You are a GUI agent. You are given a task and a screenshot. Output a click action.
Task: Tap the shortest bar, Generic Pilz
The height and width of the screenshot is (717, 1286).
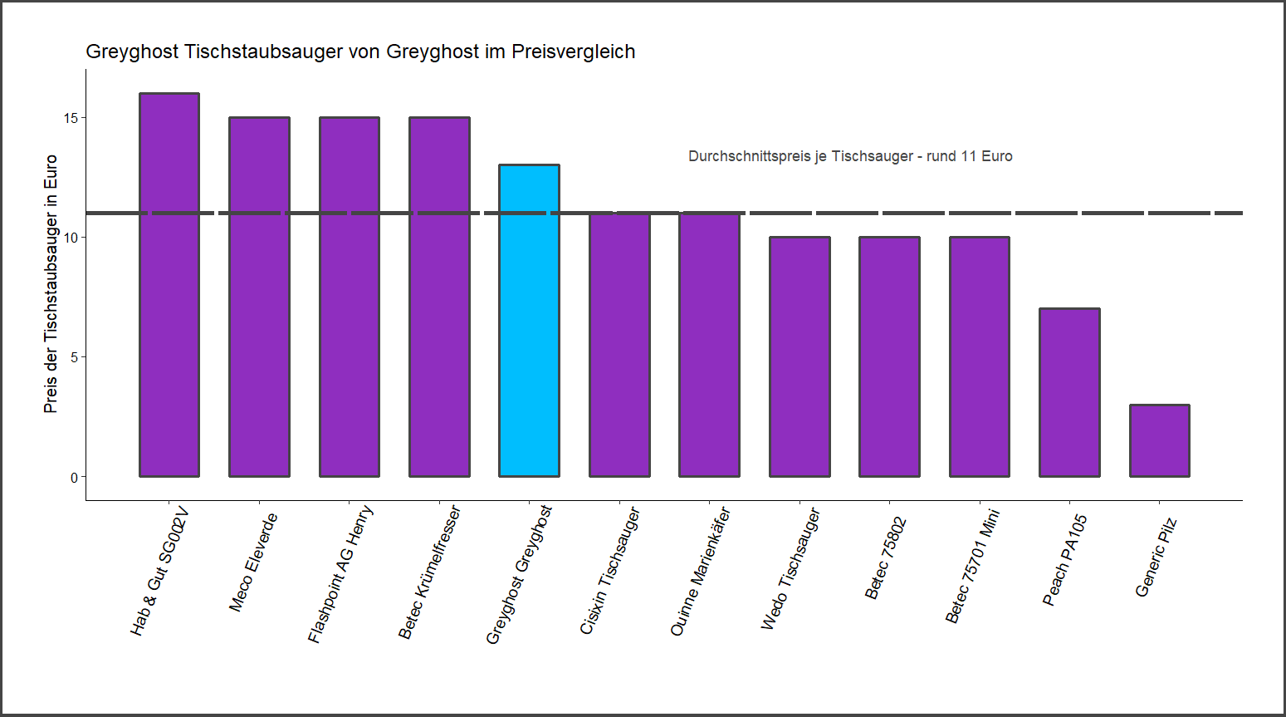tap(1159, 440)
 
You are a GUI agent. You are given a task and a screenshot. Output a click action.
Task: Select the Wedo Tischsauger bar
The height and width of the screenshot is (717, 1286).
tap(799, 356)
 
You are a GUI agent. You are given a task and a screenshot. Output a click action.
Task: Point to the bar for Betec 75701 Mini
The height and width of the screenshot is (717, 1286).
tap(980, 356)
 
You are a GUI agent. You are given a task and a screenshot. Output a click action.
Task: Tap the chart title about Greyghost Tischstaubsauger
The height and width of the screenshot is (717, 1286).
tap(360, 52)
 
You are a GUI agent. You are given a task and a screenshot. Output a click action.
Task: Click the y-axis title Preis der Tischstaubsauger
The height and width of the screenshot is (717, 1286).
tap(51, 283)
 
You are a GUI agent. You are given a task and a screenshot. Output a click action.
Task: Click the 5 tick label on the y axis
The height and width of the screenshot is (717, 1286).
tap(74, 357)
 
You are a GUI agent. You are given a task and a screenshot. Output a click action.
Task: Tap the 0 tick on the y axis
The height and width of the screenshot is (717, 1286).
tap(74, 478)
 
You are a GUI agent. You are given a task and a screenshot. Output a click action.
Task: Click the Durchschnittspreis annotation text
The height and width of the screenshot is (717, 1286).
tap(850, 156)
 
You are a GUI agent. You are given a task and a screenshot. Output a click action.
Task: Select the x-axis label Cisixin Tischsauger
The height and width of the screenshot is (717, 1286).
tap(610, 571)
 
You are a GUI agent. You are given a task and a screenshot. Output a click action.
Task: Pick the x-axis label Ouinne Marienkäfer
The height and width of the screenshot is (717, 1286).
tap(700, 572)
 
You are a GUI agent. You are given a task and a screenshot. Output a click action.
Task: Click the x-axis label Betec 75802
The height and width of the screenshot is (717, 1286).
tap(886, 557)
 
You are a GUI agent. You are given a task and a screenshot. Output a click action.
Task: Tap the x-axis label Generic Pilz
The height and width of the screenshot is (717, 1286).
tap(1156, 556)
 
